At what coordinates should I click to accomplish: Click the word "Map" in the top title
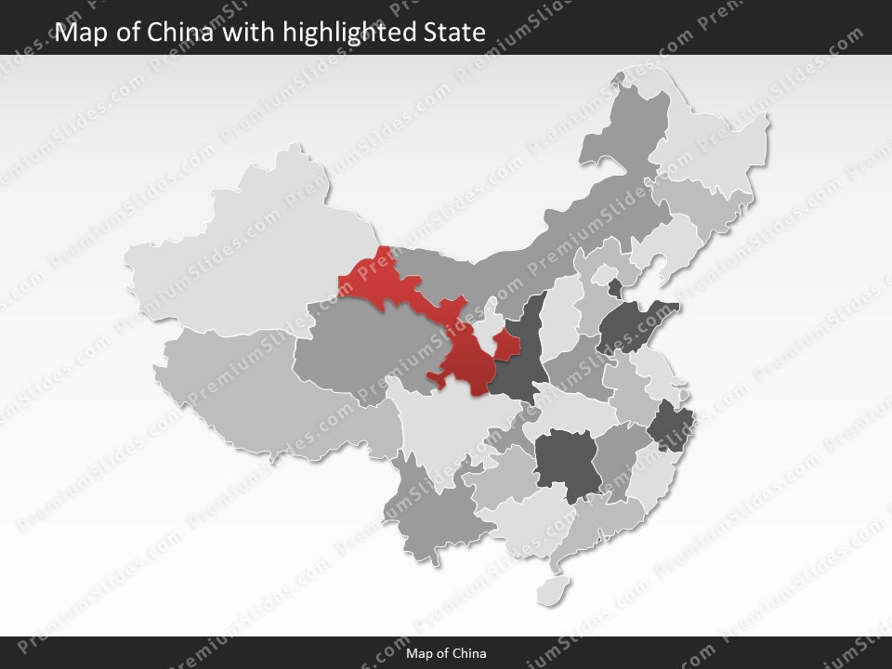click(x=81, y=33)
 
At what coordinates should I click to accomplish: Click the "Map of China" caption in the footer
click(x=446, y=653)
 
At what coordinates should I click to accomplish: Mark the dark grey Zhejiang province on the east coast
click(x=667, y=426)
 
